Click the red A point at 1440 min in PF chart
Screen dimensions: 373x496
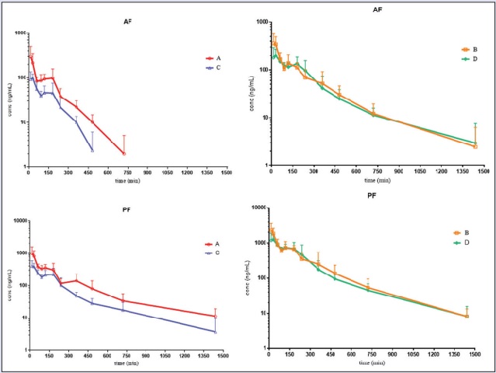click(215, 316)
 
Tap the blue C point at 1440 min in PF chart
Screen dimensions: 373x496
click(215, 332)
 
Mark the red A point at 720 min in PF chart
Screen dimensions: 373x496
click(123, 301)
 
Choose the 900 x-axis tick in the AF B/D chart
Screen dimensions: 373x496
click(398, 173)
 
